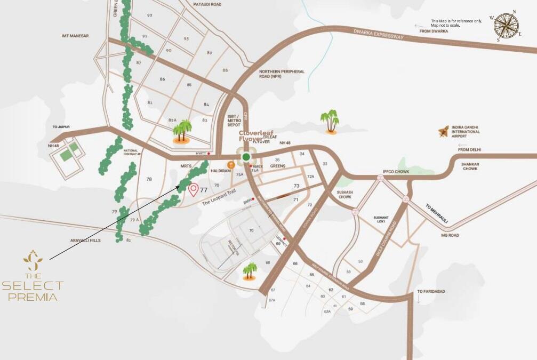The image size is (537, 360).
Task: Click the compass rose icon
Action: tap(506, 27)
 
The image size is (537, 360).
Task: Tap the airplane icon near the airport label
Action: tap(444, 131)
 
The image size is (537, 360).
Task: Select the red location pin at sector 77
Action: tap(193, 189)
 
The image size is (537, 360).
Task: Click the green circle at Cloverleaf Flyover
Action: tap(245, 157)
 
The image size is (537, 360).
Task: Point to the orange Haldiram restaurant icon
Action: tap(230, 165)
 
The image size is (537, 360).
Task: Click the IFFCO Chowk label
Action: tap(395, 172)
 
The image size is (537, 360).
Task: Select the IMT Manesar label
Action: tap(75, 36)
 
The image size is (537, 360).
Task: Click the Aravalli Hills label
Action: tap(85, 241)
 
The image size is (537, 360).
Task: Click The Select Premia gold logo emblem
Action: tap(33, 260)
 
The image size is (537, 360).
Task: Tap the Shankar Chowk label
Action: tap(470, 166)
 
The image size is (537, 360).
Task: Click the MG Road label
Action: tap(450, 235)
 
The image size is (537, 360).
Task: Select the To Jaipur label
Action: tap(61, 127)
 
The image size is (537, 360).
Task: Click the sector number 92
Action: tap(149, 15)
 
